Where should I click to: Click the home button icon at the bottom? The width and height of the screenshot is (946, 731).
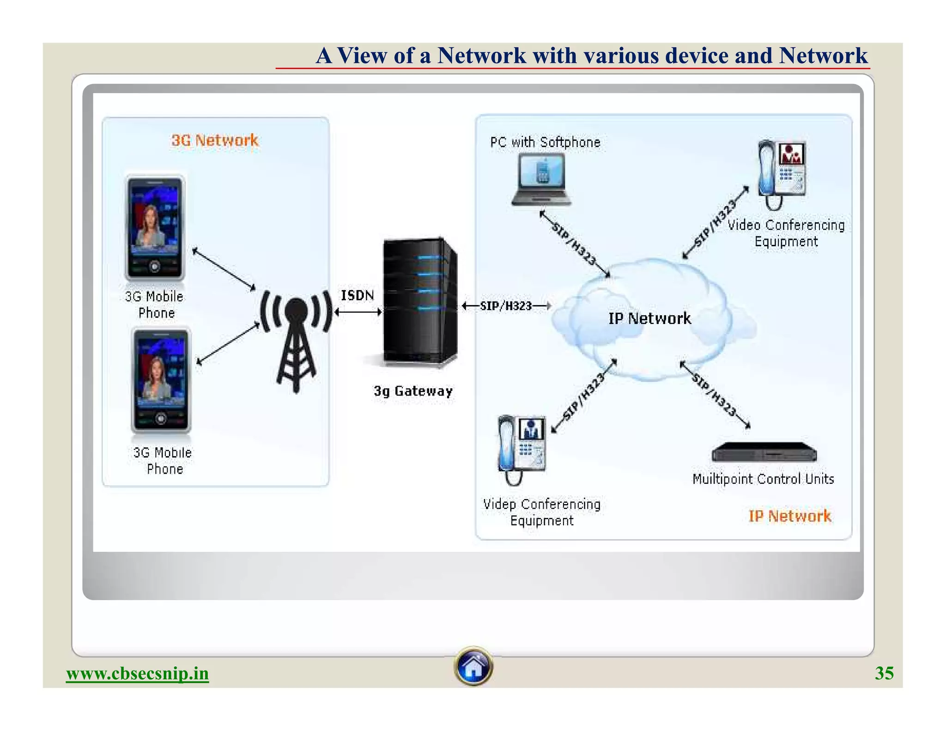click(x=473, y=666)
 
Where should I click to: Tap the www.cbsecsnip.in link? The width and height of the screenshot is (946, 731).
click(x=137, y=673)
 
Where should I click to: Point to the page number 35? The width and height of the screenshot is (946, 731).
click(x=884, y=673)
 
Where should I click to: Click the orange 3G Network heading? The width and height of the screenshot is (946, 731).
click(x=215, y=140)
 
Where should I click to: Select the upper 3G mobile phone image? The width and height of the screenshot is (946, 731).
click(x=155, y=227)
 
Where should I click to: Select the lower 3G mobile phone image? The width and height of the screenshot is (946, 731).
click(x=161, y=380)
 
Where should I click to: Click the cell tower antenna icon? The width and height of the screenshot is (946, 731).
click(x=296, y=340)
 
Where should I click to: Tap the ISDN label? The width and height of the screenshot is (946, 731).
click(x=357, y=295)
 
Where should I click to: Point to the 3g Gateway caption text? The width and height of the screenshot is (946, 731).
click(x=413, y=391)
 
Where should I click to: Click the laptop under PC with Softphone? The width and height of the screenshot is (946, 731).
click(x=541, y=180)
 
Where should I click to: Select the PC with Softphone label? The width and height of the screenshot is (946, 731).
click(x=545, y=142)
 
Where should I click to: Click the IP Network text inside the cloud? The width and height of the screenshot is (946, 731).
click(x=649, y=318)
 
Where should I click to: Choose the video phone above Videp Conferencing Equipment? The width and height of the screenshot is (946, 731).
click(x=522, y=448)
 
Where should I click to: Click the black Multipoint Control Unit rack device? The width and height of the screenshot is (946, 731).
click(x=764, y=452)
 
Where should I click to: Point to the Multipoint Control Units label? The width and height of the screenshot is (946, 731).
click(x=763, y=479)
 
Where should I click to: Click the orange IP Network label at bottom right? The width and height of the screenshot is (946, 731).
click(x=789, y=516)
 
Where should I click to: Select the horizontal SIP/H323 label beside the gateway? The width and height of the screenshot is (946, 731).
click(x=506, y=306)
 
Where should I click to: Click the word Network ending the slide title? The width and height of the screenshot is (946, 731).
click(x=823, y=55)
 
